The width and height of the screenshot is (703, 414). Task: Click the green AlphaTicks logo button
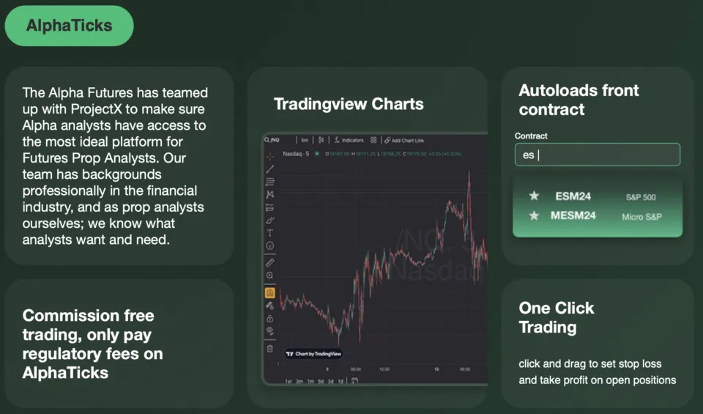69,26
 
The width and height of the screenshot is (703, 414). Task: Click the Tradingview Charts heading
349,103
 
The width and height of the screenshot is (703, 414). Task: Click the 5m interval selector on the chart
305,140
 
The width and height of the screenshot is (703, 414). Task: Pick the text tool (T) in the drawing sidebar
269,233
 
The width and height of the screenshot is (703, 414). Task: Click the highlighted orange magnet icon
269,292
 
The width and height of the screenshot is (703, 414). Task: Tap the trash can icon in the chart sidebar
269,348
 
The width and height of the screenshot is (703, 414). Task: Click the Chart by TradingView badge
313,353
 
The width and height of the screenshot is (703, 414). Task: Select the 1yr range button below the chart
289,381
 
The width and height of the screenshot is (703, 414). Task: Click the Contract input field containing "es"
597,155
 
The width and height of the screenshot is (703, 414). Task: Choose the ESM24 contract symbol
573,196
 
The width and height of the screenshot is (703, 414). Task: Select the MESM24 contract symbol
573,215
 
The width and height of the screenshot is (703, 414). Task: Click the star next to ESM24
534,196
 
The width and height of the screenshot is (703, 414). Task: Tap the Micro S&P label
642,217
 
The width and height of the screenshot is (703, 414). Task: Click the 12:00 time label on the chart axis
384,369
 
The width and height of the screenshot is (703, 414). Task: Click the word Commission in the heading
67,316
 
